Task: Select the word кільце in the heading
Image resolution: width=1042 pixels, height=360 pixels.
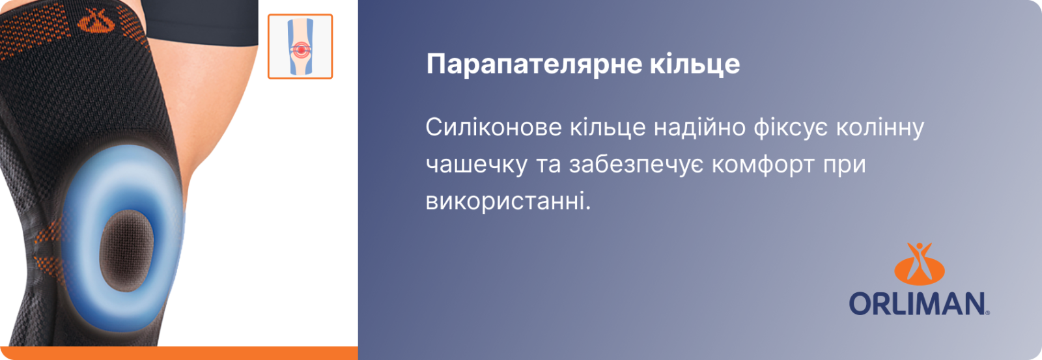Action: (694, 63)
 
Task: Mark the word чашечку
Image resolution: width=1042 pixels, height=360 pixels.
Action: (476, 165)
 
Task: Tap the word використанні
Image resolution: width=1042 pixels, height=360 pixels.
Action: (508, 202)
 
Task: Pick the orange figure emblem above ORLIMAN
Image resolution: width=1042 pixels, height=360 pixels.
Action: (919, 264)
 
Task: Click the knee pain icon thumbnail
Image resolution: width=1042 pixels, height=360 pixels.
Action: (300, 46)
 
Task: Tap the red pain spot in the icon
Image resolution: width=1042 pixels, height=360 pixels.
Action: (300, 49)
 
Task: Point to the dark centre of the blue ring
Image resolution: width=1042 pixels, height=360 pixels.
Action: (126, 251)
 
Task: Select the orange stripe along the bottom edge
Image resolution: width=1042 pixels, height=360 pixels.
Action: (178, 353)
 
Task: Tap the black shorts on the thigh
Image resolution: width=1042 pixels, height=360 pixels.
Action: (200, 21)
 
